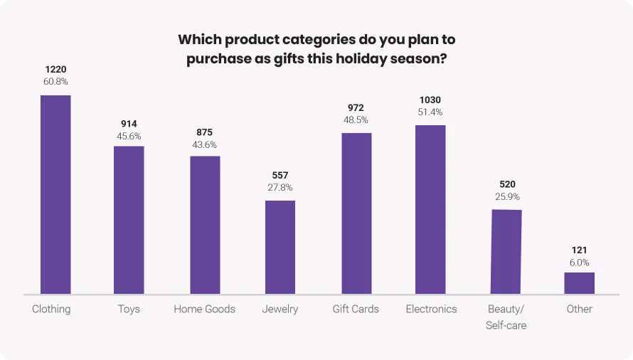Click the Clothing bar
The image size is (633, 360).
pos(55,194)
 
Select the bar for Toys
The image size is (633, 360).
pos(129,220)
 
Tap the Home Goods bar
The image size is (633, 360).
pos(205,225)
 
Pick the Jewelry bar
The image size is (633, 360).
pos(280,247)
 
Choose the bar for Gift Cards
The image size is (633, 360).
pos(356,213)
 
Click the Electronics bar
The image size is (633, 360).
pos(430,209)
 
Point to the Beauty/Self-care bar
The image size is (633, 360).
pos(506,251)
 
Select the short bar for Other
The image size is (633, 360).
pos(579,283)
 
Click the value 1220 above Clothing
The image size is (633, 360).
pos(55,69)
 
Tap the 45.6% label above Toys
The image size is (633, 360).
pos(129,136)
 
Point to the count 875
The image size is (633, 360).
pos(205,132)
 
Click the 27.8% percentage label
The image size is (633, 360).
pos(280,187)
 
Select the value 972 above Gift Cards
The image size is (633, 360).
pos(356,108)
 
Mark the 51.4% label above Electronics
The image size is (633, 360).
pos(430,112)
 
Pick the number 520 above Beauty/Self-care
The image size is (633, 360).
pos(506,183)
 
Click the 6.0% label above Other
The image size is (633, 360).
pos(579,262)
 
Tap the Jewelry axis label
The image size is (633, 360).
pos(280,309)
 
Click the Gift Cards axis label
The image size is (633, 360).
pos(356,309)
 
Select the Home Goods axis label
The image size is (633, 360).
pos(205,309)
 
